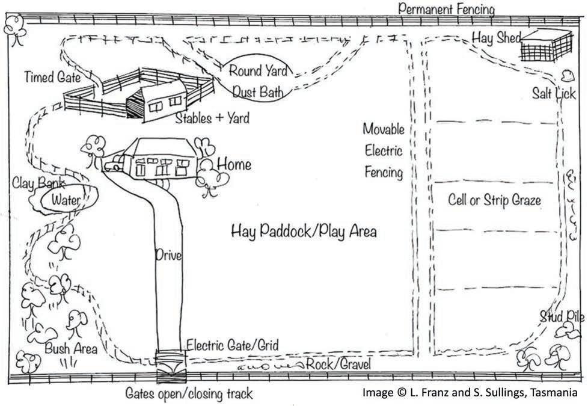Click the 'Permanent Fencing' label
[x=446, y=9]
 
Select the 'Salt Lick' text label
[x=554, y=94]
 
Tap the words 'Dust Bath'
[x=259, y=92]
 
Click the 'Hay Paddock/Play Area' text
[x=304, y=231]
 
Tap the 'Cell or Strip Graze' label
[x=495, y=200]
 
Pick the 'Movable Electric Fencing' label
[x=383, y=150]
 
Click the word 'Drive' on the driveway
[x=168, y=255]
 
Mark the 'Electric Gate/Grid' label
[x=233, y=345]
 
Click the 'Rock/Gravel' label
[x=338, y=364]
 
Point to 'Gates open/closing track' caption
[x=189, y=394]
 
